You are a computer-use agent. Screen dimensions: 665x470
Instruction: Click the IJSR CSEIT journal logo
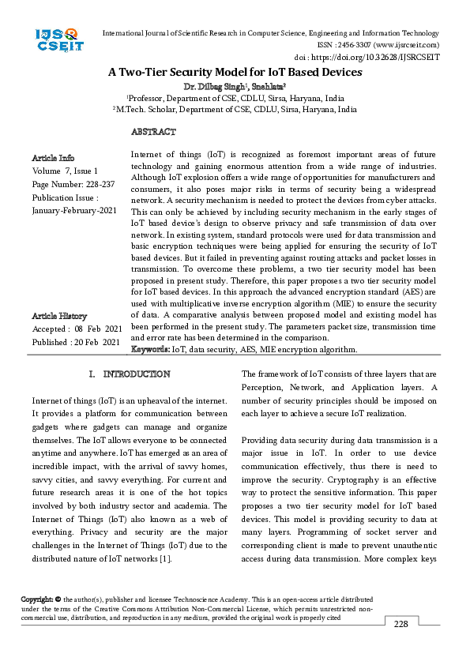[58, 39]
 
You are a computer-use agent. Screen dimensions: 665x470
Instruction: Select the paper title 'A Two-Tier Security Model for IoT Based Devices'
[235, 72]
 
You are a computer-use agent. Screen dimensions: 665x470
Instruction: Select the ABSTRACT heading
[153, 132]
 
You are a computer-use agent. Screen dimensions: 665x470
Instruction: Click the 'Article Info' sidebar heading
[53, 158]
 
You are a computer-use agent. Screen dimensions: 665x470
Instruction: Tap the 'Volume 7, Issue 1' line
[66, 171]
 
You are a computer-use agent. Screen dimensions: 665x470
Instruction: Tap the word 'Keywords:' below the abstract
[149, 349]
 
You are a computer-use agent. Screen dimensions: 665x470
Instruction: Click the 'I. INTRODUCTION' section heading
[129, 374]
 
